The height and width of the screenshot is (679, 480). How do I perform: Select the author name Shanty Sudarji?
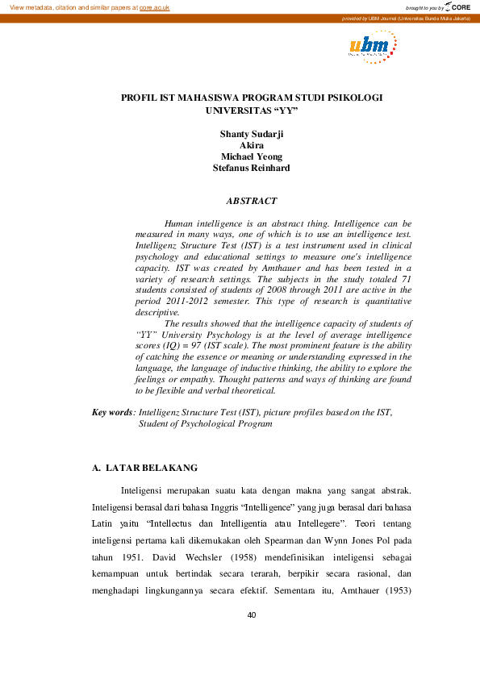[x=251, y=133]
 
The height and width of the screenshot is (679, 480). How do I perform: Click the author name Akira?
[x=251, y=145]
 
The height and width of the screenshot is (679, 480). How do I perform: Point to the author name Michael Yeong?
[x=251, y=156]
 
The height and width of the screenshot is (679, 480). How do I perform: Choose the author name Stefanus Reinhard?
[x=251, y=169]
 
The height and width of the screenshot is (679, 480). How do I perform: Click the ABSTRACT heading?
[x=251, y=201]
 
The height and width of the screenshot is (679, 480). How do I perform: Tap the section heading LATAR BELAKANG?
[x=151, y=468]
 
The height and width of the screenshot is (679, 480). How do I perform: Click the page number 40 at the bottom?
[x=251, y=616]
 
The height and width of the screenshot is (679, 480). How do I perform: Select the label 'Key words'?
[x=113, y=412]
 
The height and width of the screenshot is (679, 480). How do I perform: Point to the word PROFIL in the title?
[x=139, y=97]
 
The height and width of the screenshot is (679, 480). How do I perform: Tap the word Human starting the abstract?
[x=181, y=223]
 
